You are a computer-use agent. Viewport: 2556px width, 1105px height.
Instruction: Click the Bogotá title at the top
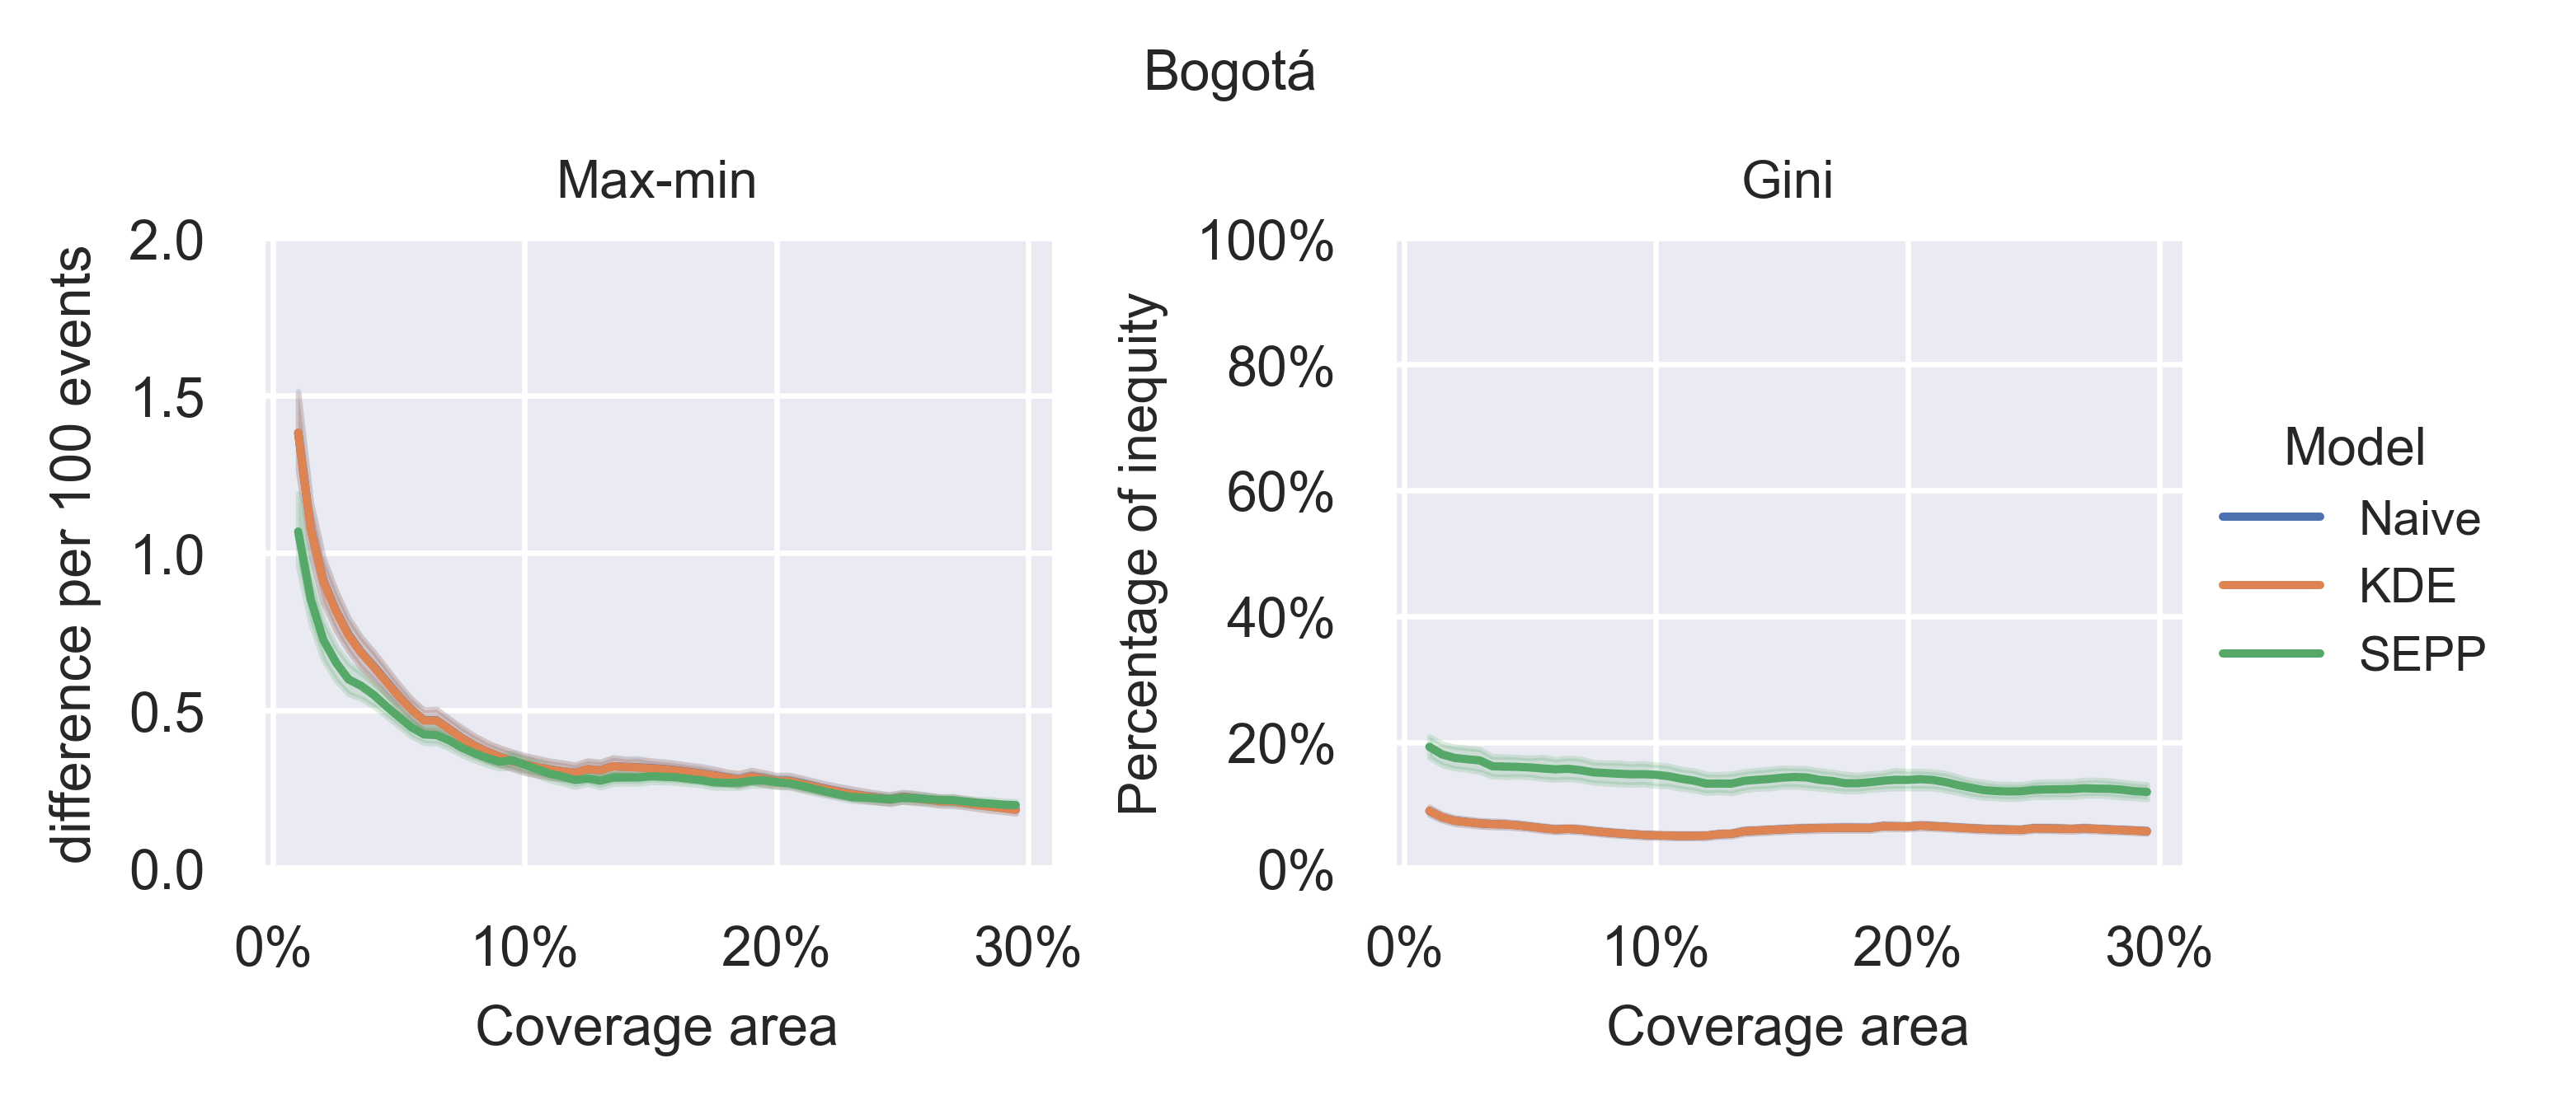[1229, 73]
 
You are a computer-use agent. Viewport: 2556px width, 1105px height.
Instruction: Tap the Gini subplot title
[1787, 180]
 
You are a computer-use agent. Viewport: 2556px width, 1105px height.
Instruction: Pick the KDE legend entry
[2406, 585]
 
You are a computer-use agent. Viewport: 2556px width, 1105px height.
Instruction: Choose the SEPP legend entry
[2421, 653]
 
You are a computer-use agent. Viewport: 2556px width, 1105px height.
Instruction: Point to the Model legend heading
[2354, 447]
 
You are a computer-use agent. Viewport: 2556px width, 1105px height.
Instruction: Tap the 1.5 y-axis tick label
[166, 399]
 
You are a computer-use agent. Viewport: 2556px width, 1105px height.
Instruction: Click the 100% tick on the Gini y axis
[1266, 242]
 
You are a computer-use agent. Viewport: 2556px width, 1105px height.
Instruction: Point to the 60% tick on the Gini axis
[1279, 493]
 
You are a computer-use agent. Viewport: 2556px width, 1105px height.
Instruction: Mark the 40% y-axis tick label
[1279, 619]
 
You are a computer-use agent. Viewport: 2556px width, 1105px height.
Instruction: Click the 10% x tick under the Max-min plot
[524, 948]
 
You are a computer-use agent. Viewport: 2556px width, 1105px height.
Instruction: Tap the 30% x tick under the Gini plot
[2158, 948]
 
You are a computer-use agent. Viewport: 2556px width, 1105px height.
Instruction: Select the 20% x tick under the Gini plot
[1906, 948]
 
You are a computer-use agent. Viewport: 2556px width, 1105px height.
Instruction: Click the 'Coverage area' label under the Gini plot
[1787, 1027]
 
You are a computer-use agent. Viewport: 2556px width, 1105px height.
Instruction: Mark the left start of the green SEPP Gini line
[1429, 747]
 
